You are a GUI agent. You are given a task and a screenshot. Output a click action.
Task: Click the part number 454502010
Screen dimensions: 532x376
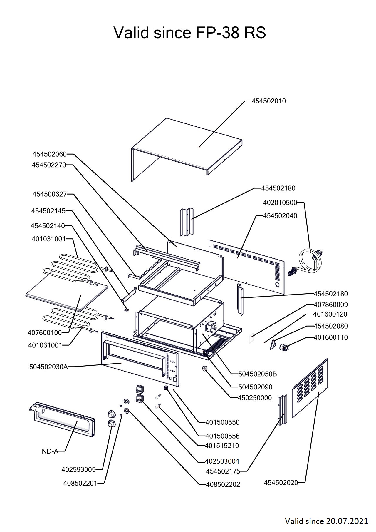pos(268,101)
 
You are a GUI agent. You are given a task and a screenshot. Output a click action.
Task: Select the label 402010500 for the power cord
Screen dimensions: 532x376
pos(280,203)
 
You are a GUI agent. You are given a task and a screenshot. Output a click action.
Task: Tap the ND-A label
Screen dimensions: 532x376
pos(50,451)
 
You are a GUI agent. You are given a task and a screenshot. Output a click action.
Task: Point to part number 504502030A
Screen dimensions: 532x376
pos(48,367)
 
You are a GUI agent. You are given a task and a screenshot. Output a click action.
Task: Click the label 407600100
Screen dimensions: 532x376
pos(45,333)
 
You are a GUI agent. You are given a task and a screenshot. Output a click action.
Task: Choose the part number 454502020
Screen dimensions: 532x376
pos(281,482)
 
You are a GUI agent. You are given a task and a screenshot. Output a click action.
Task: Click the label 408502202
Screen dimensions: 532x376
pos(223,484)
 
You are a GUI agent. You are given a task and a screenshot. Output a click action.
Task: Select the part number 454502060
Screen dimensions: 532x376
pos(50,154)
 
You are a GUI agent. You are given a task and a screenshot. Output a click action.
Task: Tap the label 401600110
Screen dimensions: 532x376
pos(330,337)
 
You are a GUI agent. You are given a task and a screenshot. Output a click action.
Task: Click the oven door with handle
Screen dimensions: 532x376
pos(63,422)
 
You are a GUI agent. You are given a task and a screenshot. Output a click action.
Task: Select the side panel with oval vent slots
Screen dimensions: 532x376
pos(310,388)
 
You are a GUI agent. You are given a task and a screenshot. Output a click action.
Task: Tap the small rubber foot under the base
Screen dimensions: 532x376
pos(204,369)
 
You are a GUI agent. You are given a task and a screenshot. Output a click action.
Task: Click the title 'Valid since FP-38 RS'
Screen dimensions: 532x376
pos(190,33)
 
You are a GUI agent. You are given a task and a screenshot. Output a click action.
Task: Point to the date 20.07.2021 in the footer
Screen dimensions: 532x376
pos(347,521)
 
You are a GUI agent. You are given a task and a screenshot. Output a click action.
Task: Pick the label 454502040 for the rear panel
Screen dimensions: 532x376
pos(280,216)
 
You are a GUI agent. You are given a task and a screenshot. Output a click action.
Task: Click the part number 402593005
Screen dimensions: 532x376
pos(78,470)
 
